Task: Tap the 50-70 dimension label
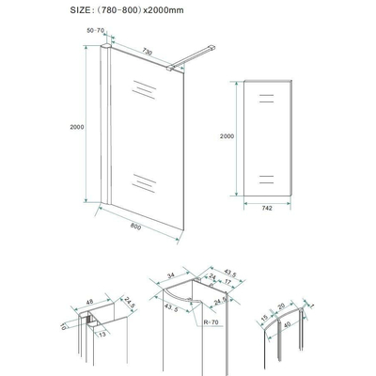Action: pos(95,31)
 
